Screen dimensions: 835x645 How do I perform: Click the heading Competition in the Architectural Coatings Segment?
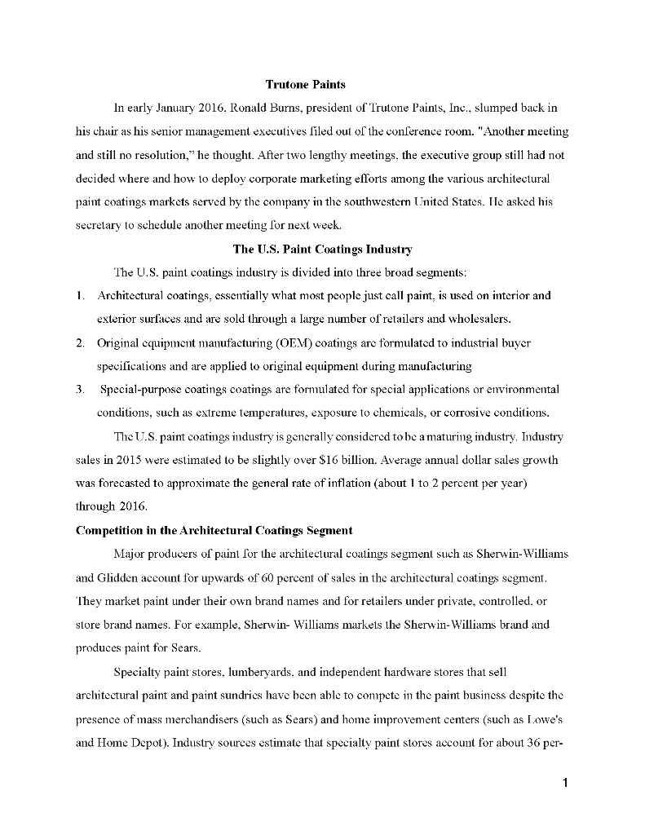[214, 530]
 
